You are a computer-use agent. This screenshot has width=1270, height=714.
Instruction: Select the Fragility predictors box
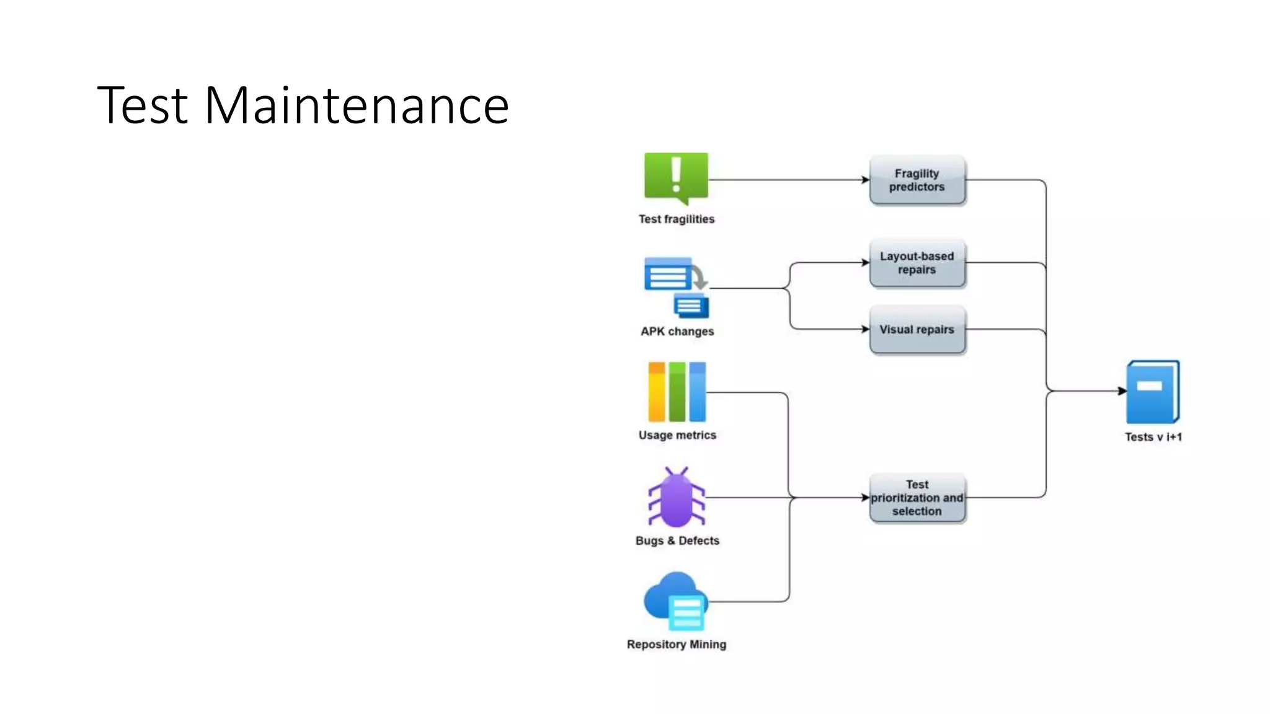click(x=917, y=180)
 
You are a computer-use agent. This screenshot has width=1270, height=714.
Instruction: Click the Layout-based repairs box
click(x=917, y=263)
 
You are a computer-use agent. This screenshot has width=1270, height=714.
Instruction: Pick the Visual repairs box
click(x=917, y=330)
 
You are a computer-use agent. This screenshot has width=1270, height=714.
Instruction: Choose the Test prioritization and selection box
click(x=917, y=498)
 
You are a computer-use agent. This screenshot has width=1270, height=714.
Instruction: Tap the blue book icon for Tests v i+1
click(x=1153, y=392)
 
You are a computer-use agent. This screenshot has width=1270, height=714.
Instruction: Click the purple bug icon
click(x=677, y=498)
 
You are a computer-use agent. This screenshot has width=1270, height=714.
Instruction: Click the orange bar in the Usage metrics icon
click(x=656, y=392)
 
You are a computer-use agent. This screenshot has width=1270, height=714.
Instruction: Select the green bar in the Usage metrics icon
click(x=677, y=392)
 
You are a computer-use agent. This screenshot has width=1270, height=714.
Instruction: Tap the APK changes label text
click(x=677, y=332)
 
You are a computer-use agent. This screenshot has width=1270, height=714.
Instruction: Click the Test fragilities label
click(x=677, y=219)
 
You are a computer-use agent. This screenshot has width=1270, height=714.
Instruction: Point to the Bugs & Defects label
click(x=677, y=540)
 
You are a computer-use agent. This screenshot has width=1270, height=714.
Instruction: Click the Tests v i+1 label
click(x=1153, y=437)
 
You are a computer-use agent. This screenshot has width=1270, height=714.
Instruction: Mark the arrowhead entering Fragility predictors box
click(x=866, y=180)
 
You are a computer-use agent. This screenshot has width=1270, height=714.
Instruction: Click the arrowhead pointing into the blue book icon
click(x=1122, y=391)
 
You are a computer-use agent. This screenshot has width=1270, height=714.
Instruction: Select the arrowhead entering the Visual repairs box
click(x=866, y=329)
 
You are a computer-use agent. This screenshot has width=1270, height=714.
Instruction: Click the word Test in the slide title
click(x=143, y=105)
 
